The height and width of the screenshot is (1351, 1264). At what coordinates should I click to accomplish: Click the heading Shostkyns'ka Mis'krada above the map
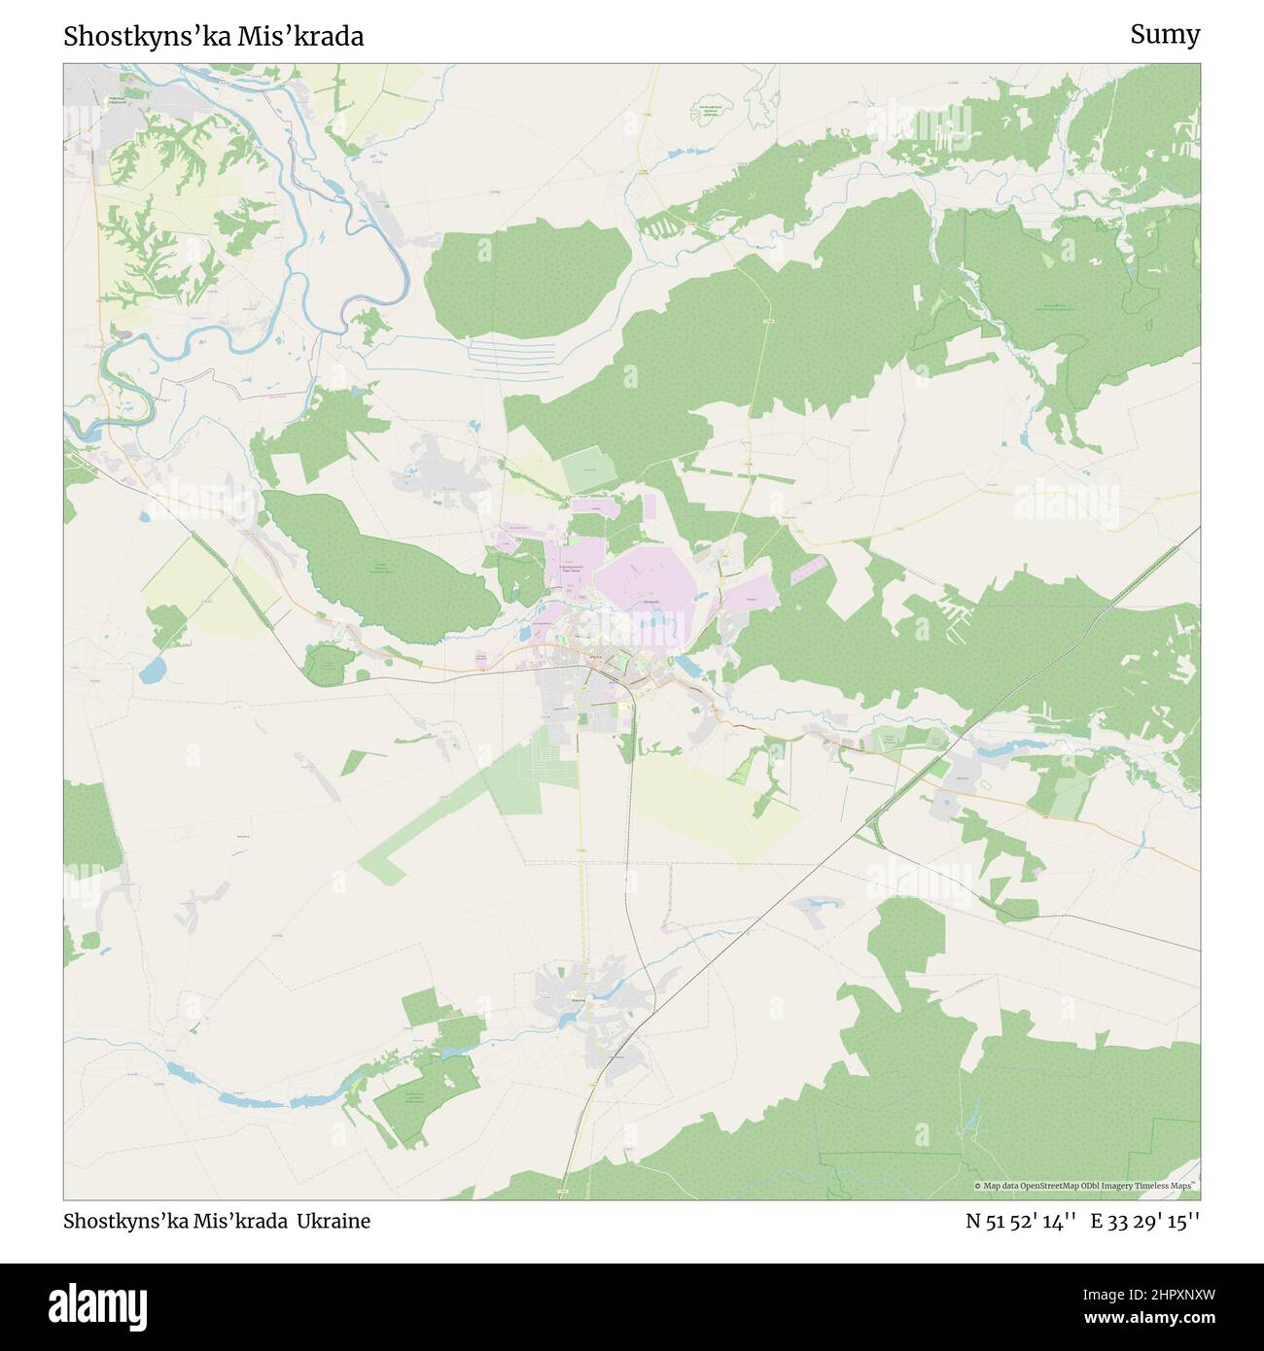point(214,37)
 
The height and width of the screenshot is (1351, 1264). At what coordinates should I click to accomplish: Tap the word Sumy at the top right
point(1164,35)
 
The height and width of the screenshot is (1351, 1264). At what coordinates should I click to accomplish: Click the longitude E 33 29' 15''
point(1145,1222)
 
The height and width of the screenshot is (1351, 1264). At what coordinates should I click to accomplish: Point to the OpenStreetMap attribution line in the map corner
point(1084,1186)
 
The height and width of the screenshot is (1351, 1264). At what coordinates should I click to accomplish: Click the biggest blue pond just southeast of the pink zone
point(685,666)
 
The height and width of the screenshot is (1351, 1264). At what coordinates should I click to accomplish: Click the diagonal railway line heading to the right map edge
point(1070,632)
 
